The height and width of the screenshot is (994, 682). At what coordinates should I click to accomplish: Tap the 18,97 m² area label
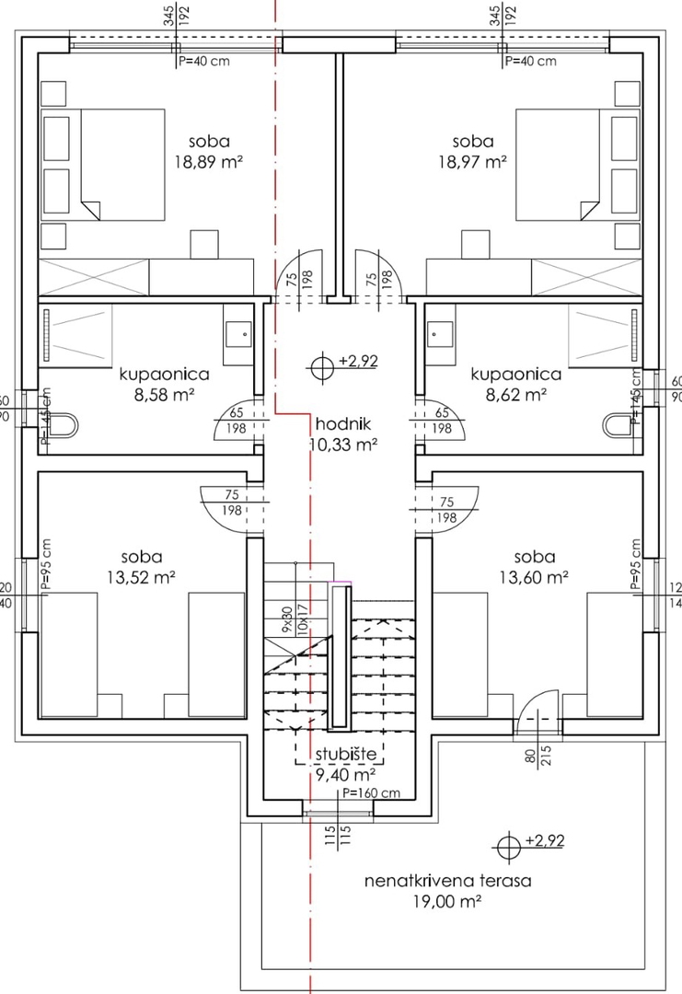point(472,161)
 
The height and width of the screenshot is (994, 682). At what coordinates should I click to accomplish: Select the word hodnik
point(341,425)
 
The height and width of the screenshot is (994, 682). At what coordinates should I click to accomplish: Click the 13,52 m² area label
point(141,577)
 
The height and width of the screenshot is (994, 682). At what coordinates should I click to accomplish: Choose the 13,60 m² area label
point(535,577)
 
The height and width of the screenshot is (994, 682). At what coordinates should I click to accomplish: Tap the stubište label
point(346,755)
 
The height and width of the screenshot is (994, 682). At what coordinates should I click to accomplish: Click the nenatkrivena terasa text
point(447,881)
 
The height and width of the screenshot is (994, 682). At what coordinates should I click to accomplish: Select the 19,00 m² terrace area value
point(447,903)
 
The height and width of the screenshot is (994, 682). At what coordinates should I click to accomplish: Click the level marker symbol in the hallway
point(322,366)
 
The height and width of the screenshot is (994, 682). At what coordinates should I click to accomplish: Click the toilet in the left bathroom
point(62,425)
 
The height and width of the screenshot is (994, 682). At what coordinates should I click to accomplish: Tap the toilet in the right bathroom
point(619,424)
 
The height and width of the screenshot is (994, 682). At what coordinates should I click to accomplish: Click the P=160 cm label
point(371,793)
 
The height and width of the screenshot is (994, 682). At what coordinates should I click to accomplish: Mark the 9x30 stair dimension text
point(286,619)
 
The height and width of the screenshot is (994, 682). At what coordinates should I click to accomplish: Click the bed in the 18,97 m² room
point(560,166)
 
